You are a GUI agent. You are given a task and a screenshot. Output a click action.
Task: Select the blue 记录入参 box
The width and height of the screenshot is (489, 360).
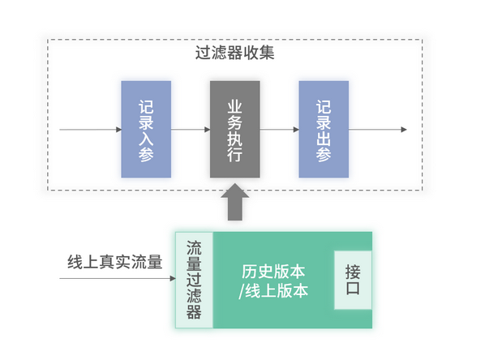[146, 129]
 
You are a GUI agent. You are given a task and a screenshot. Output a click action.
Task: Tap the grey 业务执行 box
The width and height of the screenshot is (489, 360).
[235, 129]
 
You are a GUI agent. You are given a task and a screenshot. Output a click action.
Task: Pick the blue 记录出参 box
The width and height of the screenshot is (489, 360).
[324, 129]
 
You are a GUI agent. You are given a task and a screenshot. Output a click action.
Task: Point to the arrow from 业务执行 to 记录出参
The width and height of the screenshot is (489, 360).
[280, 130]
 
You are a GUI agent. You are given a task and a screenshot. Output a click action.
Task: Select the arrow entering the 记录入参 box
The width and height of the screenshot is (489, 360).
[89, 130]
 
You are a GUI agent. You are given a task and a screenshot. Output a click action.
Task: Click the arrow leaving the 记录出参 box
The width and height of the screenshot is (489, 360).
[377, 130]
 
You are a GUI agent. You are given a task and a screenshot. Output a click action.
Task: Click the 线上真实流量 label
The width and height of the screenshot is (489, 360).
[114, 263]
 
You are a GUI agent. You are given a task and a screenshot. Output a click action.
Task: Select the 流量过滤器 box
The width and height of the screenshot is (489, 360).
[194, 280]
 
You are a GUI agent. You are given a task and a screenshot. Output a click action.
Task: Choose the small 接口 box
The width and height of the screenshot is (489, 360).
[353, 280]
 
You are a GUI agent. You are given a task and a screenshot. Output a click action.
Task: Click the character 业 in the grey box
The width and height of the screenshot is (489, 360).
[235, 106]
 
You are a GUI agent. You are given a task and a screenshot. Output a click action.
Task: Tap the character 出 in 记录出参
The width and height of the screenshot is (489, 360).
[324, 137]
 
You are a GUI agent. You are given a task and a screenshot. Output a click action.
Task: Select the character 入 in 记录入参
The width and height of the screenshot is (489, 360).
[146, 137]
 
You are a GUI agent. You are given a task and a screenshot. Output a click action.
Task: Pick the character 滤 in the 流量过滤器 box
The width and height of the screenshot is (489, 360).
[194, 296]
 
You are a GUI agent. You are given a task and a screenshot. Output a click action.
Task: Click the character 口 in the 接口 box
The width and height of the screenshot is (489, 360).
[353, 289]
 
